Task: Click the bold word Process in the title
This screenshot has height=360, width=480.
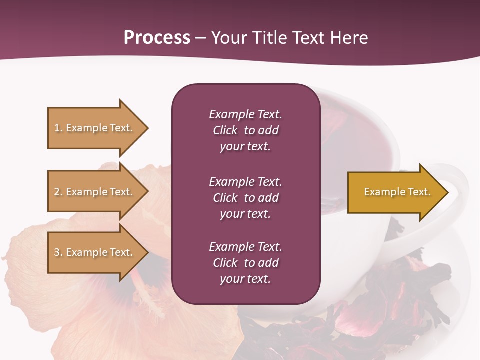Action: tap(157, 38)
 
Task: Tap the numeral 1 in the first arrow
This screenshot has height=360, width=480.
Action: tap(57, 128)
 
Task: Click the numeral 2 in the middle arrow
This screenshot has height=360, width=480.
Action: tap(57, 192)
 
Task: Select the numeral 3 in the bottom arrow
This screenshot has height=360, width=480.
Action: tap(57, 252)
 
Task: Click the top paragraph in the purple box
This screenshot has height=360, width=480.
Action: tap(245, 130)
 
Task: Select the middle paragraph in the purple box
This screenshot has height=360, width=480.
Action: tap(245, 198)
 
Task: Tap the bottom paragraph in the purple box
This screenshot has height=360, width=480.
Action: tap(245, 263)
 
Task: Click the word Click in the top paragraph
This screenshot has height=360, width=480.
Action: tap(225, 130)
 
